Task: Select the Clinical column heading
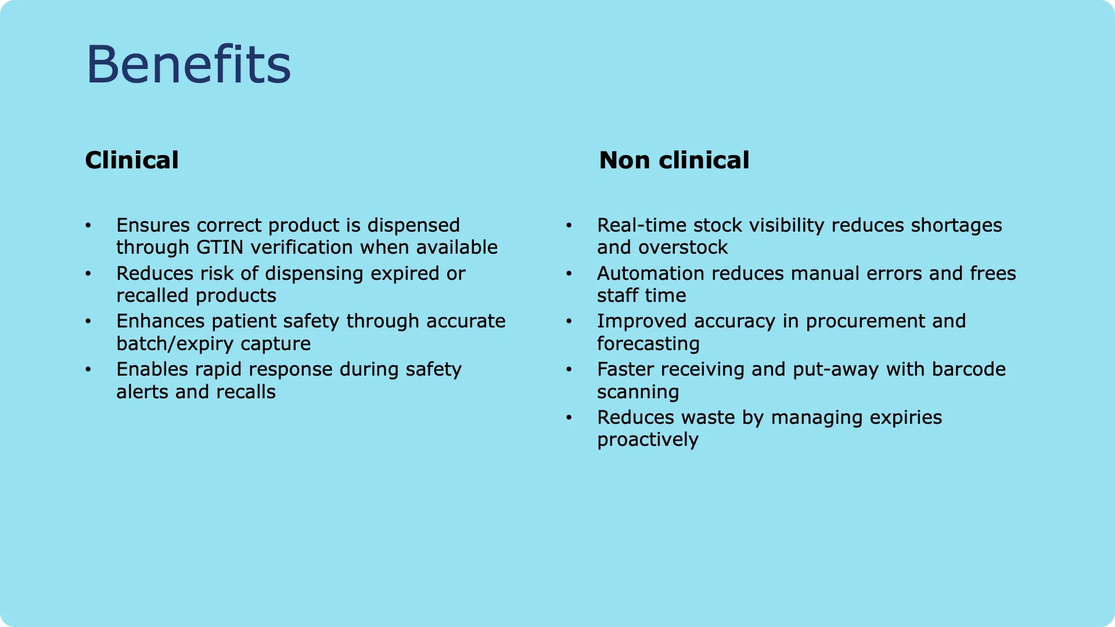(132, 160)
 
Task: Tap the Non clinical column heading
(674, 160)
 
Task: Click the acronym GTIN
(220, 247)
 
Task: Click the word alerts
(142, 392)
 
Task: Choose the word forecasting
(648, 344)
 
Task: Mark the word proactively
(648, 440)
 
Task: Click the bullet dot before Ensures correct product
(88, 225)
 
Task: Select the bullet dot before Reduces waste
(569, 417)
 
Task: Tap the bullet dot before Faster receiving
(569, 369)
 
